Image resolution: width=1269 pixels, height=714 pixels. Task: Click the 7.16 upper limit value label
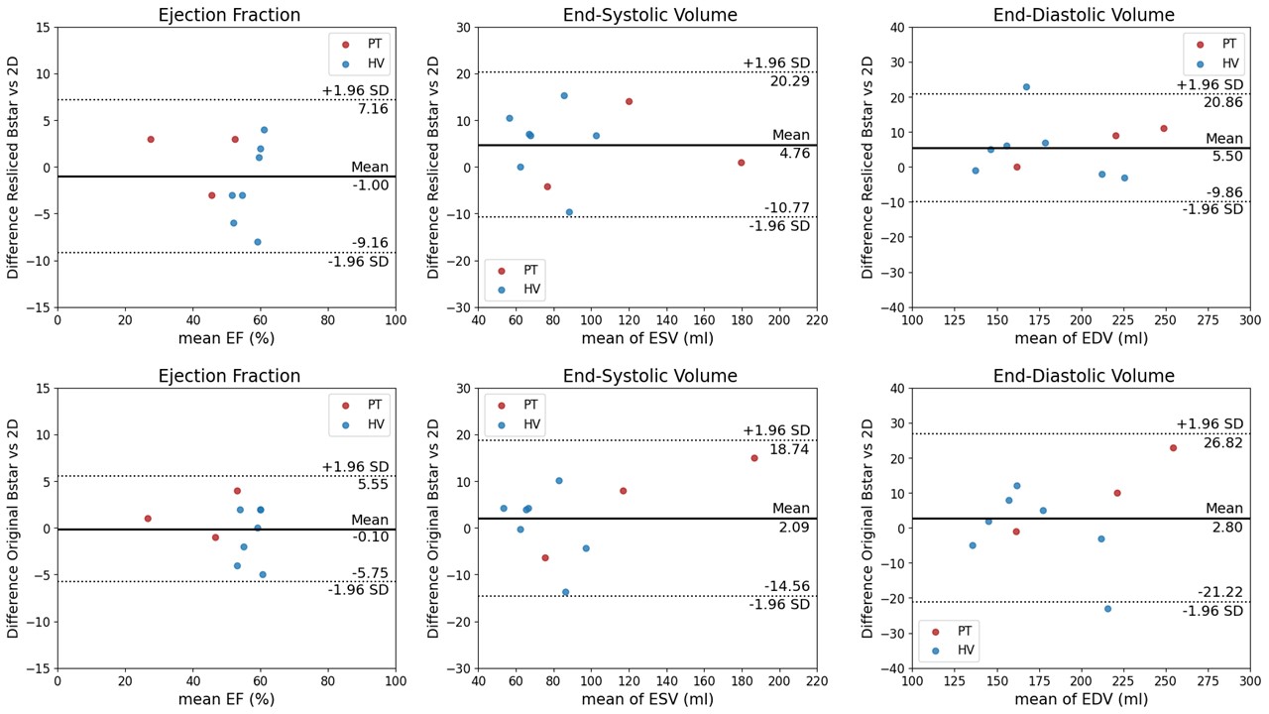tap(373, 109)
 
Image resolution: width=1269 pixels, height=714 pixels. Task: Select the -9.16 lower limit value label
tap(370, 243)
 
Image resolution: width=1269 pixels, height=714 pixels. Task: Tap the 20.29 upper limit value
tap(790, 81)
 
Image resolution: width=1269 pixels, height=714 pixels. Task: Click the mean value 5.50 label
tap(1226, 157)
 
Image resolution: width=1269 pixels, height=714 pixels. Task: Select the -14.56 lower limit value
tap(786, 586)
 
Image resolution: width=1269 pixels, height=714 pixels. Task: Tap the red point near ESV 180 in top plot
tap(741, 163)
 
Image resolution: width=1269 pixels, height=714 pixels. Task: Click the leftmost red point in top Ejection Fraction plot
tap(151, 140)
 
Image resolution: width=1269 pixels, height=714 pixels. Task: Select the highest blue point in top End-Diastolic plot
tap(1026, 87)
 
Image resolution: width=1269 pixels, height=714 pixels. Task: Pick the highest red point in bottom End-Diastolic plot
tap(1173, 448)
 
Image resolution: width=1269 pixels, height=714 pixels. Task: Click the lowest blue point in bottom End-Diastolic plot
tap(1107, 609)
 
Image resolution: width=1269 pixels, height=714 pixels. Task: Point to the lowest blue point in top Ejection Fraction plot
tap(258, 242)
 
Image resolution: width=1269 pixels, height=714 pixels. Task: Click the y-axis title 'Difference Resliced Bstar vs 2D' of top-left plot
tap(14, 168)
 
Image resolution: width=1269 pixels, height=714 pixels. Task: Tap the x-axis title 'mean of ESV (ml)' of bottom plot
tap(646, 699)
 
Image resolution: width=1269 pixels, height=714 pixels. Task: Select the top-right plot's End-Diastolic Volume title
tap(1083, 15)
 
